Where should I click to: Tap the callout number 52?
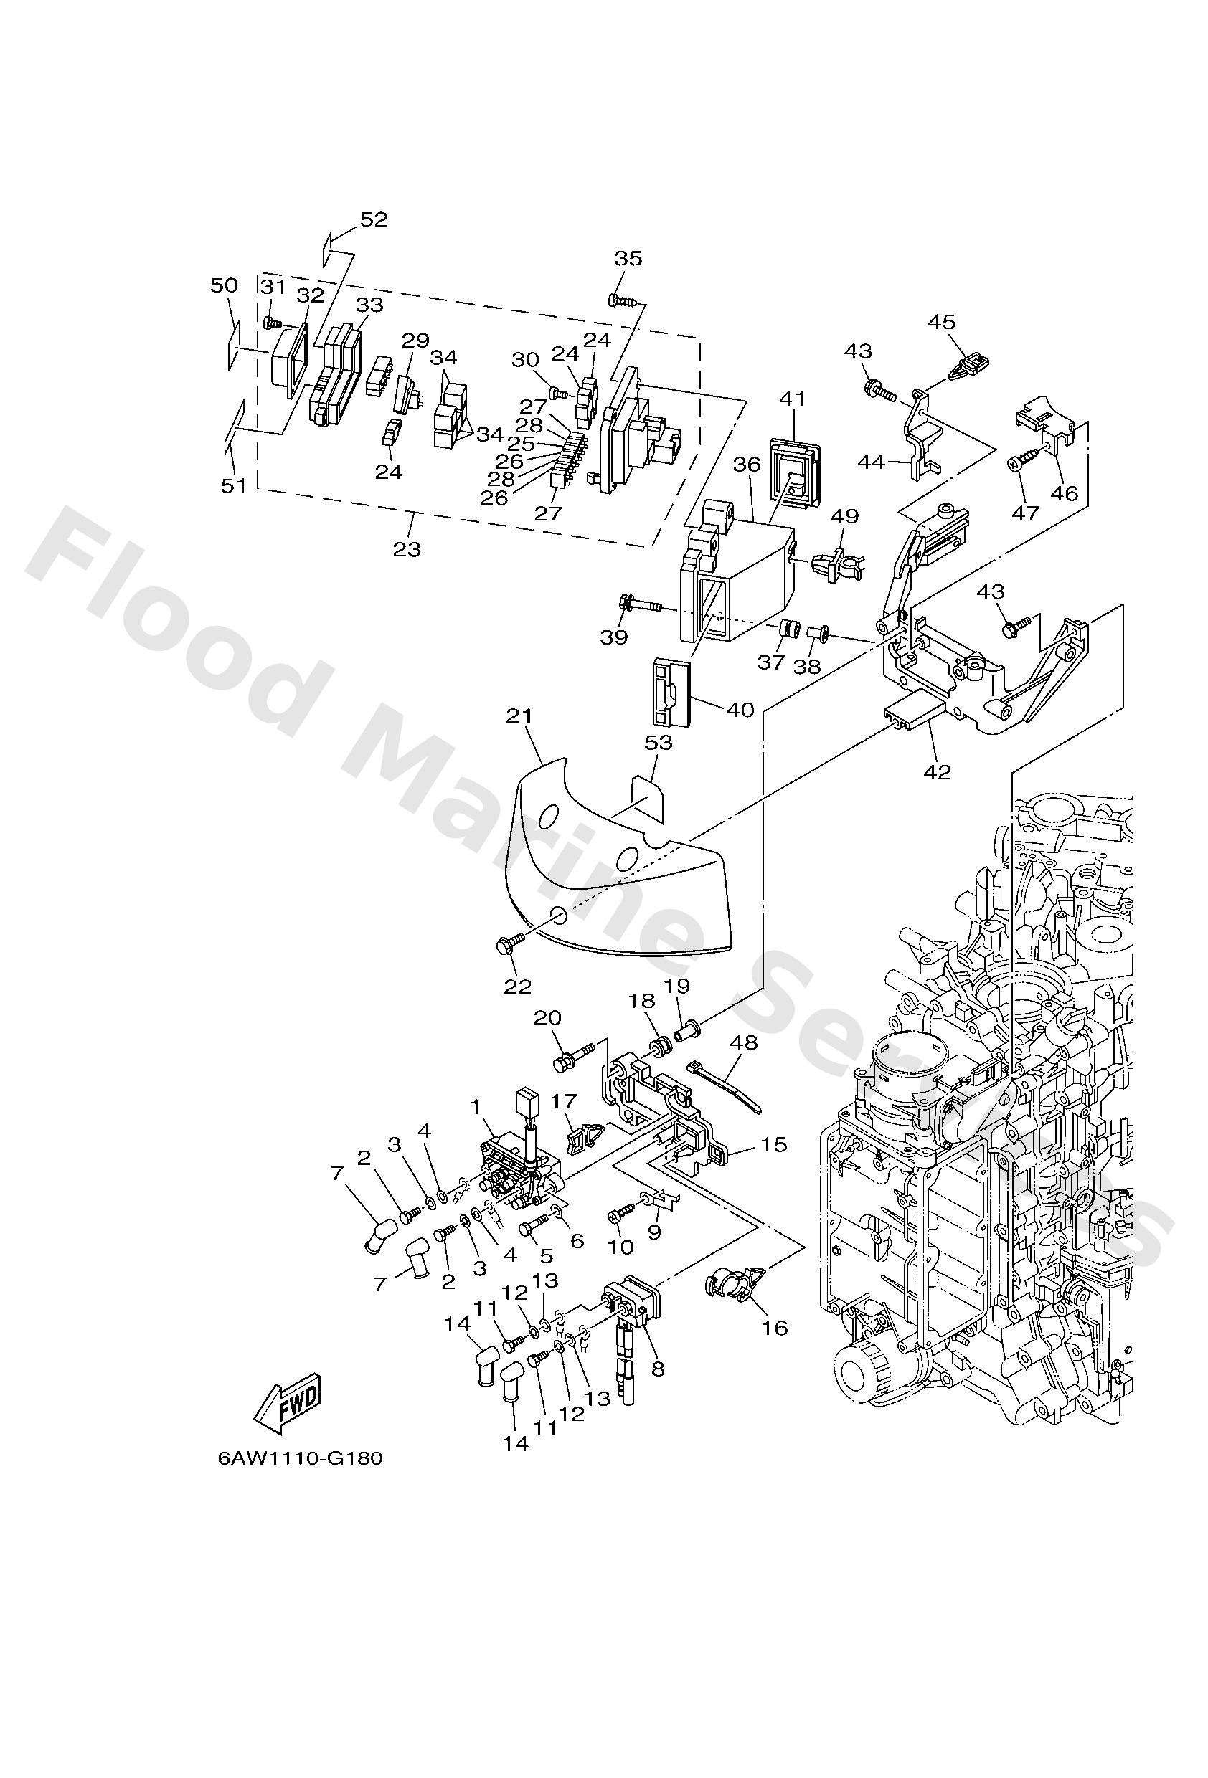[374, 219]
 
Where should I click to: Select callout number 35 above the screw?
[628, 259]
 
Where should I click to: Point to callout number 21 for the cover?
[519, 717]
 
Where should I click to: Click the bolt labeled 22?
[509, 946]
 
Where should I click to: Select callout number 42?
[937, 772]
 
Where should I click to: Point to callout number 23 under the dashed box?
[407, 549]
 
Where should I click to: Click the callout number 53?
[659, 743]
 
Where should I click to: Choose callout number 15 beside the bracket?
[774, 1144]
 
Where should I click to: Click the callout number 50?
[225, 285]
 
